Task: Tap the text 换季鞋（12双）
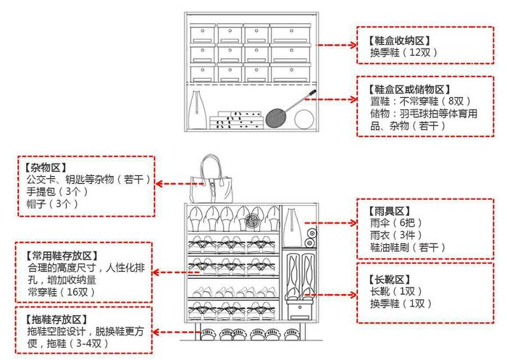[403, 52]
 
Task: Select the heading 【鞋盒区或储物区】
[409, 89]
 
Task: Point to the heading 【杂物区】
[46, 167]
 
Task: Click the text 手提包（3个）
[57, 191]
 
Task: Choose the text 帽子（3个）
[52, 204]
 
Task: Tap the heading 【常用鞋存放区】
[62, 256]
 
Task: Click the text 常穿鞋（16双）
[61, 292]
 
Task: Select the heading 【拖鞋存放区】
[56, 319]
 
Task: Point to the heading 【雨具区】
[389, 212]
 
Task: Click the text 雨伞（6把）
[396, 223]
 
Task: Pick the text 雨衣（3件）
[396, 235]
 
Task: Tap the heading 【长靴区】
[389, 280]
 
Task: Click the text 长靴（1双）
[396, 291]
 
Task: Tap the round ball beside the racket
[304, 119]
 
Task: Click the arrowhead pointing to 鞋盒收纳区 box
[353, 45]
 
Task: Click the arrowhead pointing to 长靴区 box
[353, 294]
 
